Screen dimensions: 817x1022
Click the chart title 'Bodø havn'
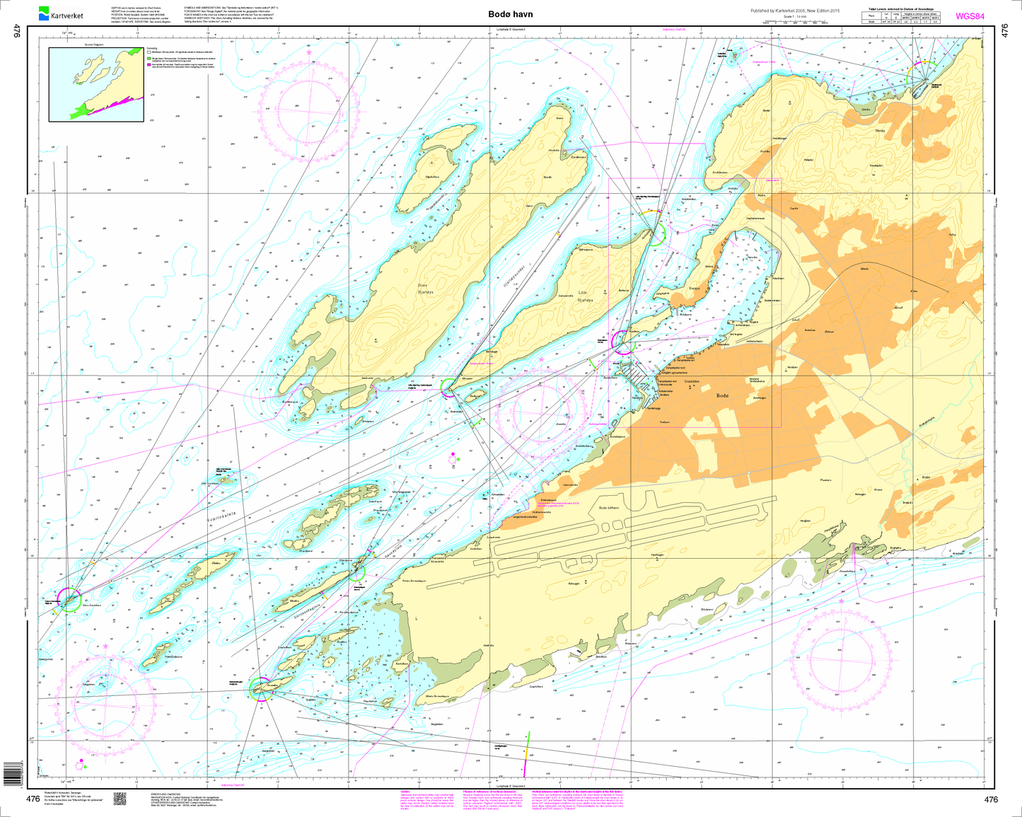pyautogui.click(x=510, y=14)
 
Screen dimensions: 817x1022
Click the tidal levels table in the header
pyautogui.click(x=901, y=17)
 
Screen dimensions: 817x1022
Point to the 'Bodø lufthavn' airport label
pyautogui.click(x=609, y=508)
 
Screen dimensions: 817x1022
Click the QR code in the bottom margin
pyautogui.click(x=120, y=798)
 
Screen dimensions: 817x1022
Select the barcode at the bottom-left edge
pyautogui.click(x=10, y=775)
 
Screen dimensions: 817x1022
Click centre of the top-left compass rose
pyautogui.click(x=309, y=108)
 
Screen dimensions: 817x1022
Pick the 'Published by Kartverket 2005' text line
pyautogui.click(x=794, y=11)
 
